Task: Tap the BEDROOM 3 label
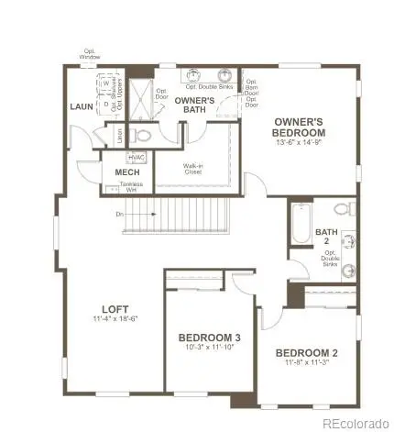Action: point(209,337)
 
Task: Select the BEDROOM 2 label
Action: point(307,352)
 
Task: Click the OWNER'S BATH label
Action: point(194,105)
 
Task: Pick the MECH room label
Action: point(127,172)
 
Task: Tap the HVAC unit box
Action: point(137,157)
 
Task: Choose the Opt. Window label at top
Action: point(90,54)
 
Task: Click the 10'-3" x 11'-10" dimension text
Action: point(209,348)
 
